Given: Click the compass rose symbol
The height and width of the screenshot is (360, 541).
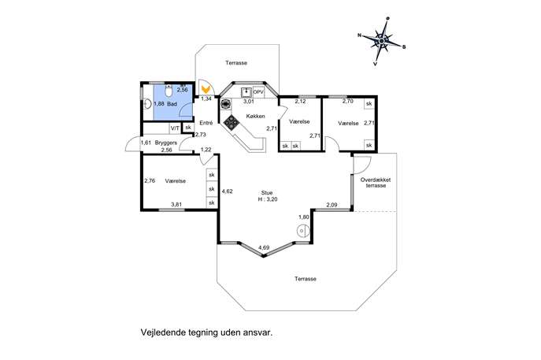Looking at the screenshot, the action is click(382, 41).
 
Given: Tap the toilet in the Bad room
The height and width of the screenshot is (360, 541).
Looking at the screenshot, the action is click(169, 91).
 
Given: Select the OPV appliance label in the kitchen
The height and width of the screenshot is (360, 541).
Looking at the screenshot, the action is click(258, 92).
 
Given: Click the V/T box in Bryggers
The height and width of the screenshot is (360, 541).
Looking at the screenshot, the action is click(175, 128).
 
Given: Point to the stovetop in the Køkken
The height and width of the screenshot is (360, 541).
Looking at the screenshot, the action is click(231, 123).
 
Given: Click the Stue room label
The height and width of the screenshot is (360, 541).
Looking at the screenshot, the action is click(267, 193).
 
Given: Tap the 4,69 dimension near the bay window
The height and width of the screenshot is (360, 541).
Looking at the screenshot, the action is click(264, 247).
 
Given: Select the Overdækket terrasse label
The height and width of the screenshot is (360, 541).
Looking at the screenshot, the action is click(376, 183).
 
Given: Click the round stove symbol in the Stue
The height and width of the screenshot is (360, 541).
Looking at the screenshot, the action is click(302, 231).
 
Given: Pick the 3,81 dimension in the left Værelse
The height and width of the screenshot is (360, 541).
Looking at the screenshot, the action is click(176, 204).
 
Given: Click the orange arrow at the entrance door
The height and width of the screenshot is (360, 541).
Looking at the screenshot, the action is click(206, 89).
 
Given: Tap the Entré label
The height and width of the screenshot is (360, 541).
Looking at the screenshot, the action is click(206, 123).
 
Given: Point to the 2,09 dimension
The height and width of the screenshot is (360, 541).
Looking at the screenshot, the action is click(332, 205).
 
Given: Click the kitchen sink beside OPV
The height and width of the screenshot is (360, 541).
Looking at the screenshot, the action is click(246, 92).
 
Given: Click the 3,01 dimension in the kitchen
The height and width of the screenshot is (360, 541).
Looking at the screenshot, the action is click(249, 102).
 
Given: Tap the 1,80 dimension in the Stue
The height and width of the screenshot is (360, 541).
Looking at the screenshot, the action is click(304, 217).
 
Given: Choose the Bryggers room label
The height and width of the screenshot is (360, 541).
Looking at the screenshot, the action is click(166, 143).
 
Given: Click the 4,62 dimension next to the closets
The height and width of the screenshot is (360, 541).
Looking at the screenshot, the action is click(227, 191).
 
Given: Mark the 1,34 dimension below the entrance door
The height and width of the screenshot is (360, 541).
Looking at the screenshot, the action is click(206, 98).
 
